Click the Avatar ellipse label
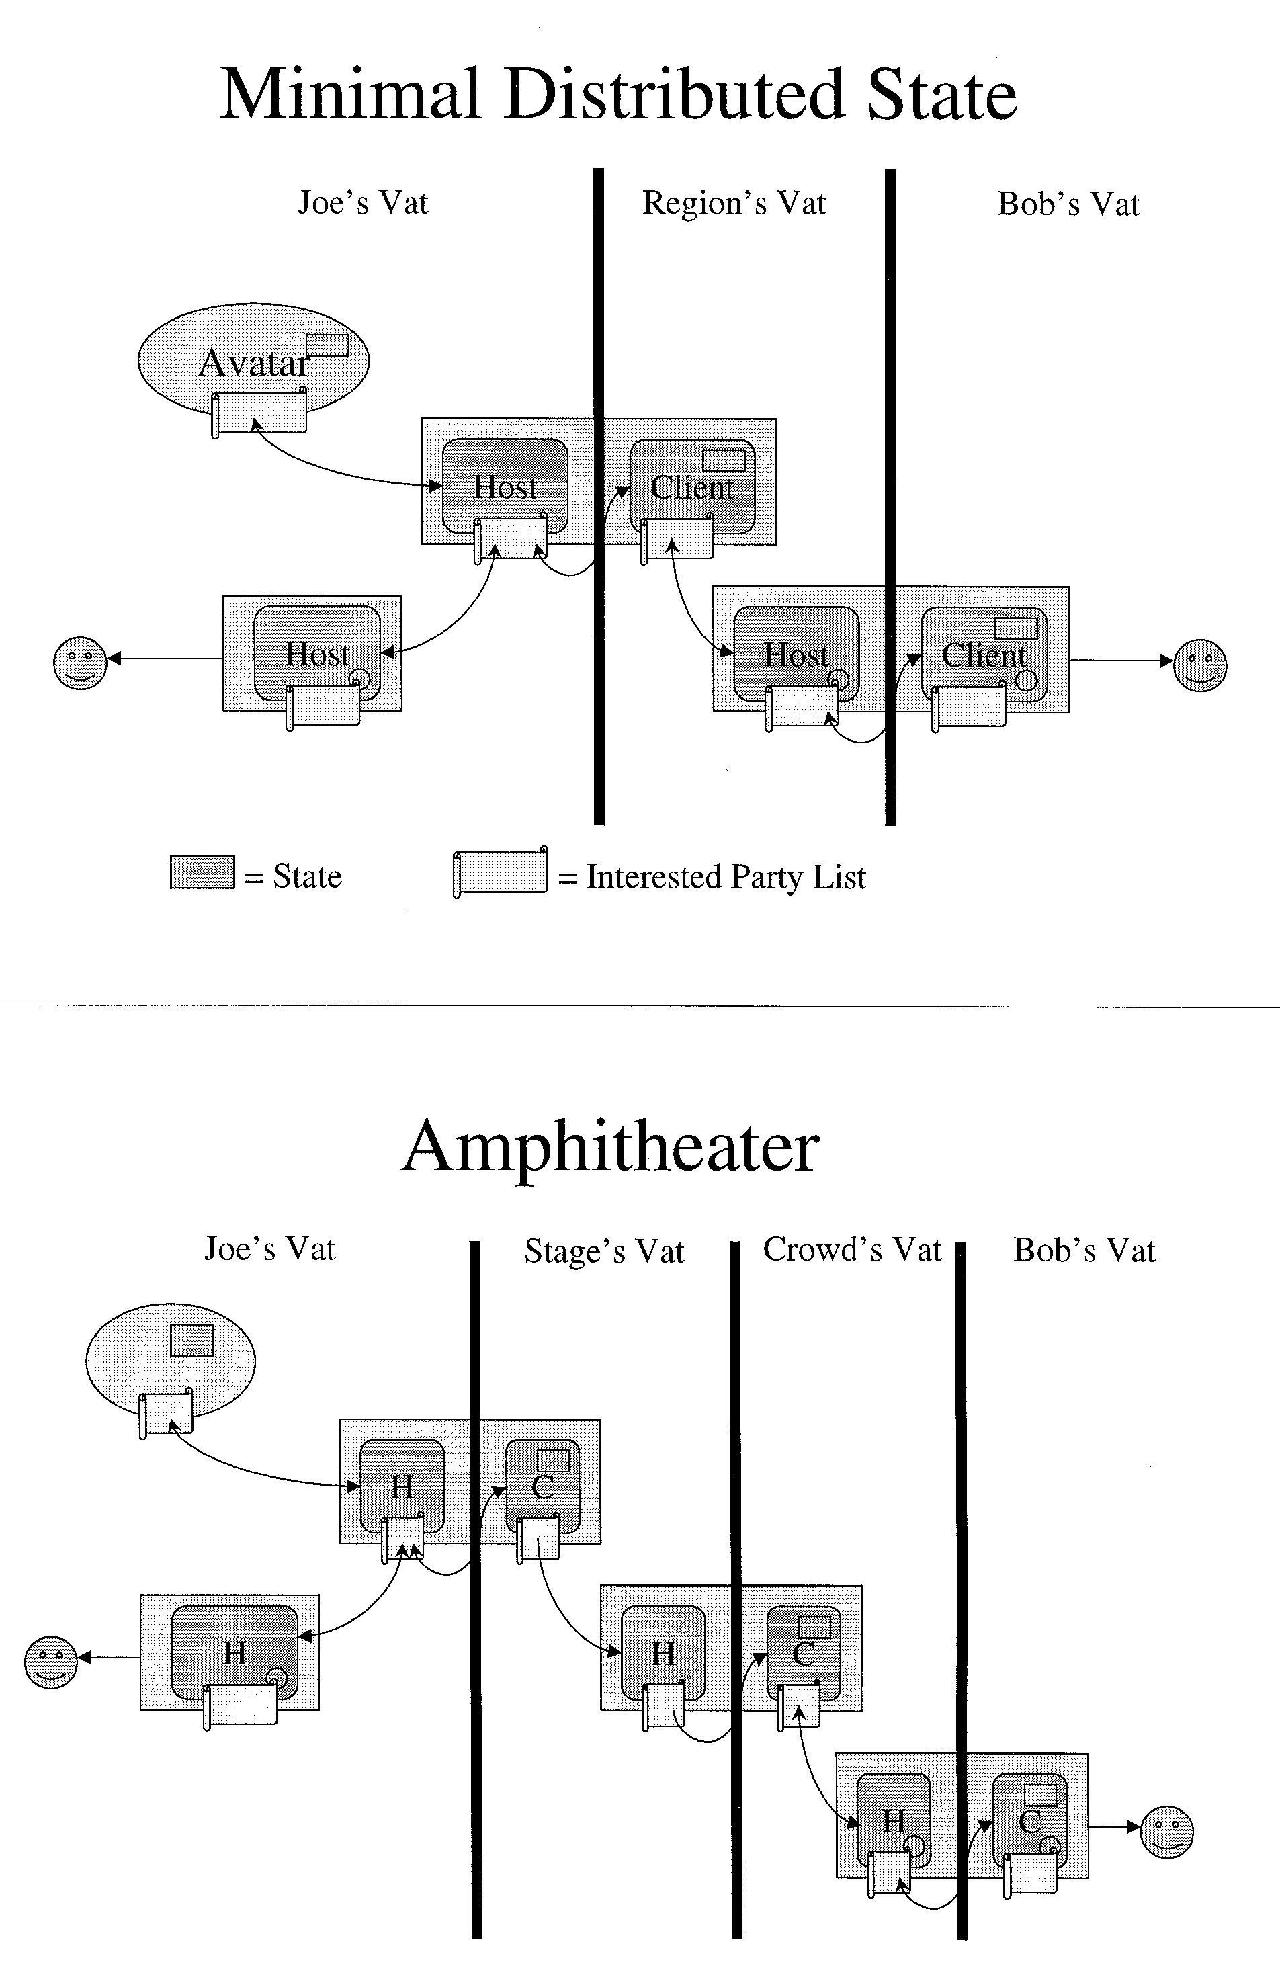pyautogui.click(x=255, y=363)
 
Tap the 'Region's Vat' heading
pyautogui.click(x=734, y=204)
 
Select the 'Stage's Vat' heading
pyautogui.click(x=604, y=1252)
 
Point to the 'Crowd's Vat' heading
pyautogui.click(x=852, y=1249)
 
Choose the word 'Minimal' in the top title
pyautogui.click(x=350, y=93)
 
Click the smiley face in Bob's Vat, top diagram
pyautogui.click(x=1199, y=664)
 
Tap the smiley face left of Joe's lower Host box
pyautogui.click(x=80, y=663)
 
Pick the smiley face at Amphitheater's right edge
pyautogui.click(x=1166, y=1832)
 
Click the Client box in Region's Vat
pyautogui.click(x=692, y=486)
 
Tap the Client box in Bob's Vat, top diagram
pyautogui.click(x=984, y=654)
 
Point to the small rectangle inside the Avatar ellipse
pyautogui.click(x=327, y=345)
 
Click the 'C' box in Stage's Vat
pyautogui.click(x=543, y=1486)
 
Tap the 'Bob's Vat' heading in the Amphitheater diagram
pyautogui.click(x=1084, y=1251)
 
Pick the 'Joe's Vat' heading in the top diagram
pyautogui.click(x=364, y=203)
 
